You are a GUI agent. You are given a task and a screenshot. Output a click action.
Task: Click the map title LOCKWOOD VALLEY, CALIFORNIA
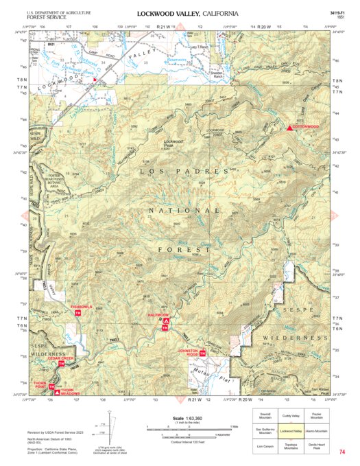[188, 13]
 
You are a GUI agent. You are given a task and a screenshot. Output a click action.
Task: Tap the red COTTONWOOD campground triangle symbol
[289, 128]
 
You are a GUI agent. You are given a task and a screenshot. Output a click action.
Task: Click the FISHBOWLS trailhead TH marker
[78, 312]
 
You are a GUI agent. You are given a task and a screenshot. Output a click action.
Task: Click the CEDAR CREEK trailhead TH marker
[62, 364]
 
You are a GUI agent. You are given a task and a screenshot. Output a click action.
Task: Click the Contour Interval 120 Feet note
[187, 439]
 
